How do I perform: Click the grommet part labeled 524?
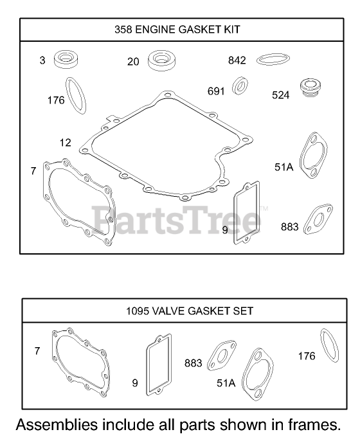coord(310,87)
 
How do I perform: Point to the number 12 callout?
coord(66,143)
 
